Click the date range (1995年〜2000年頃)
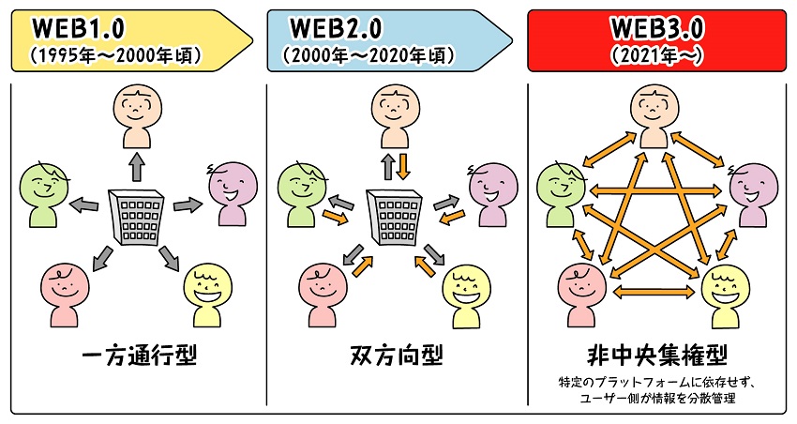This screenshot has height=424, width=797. click(116, 54)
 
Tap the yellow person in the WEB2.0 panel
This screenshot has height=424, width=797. click(466, 294)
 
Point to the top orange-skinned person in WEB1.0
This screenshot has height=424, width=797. click(139, 114)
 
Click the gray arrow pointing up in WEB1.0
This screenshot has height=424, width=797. click(138, 167)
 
